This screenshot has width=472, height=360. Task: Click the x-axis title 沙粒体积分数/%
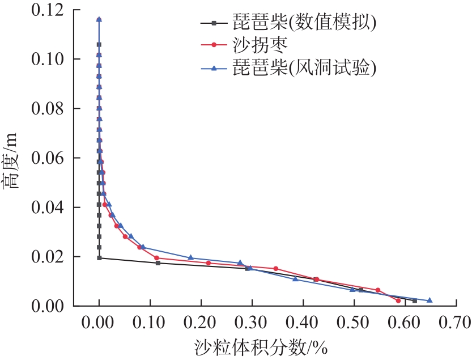tap(261, 346)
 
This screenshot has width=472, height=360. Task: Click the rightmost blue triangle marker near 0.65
tap(430, 300)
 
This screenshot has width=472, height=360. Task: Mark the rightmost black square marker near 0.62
tap(415, 300)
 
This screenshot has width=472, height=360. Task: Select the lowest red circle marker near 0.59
tap(398, 300)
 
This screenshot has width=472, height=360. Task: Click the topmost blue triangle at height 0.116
tap(99, 19)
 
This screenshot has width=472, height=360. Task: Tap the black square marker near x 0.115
tap(158, 263)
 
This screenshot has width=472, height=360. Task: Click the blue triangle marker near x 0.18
tap(190, 258)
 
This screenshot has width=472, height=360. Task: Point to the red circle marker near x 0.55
tap(378, 290)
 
